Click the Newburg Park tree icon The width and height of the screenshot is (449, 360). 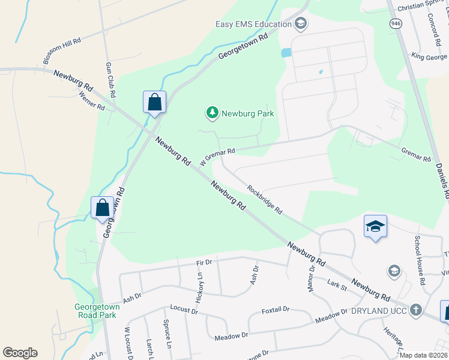tap(212, 112)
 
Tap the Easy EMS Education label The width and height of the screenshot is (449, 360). tap(253, 24)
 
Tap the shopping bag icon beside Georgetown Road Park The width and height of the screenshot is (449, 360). tap(103, 208)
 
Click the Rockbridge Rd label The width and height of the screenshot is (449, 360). tap(265, 199)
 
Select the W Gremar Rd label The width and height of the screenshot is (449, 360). tap(217, 157)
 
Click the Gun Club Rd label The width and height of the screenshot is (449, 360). tap(110, 79)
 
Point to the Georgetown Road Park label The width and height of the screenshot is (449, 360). tap(97, 311)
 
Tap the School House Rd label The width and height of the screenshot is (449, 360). tap(420, 260)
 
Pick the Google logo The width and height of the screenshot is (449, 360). tap(20, 352)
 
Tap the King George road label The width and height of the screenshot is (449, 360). tap(429, 56)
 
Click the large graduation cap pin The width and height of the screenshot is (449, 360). tap(375, 226)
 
